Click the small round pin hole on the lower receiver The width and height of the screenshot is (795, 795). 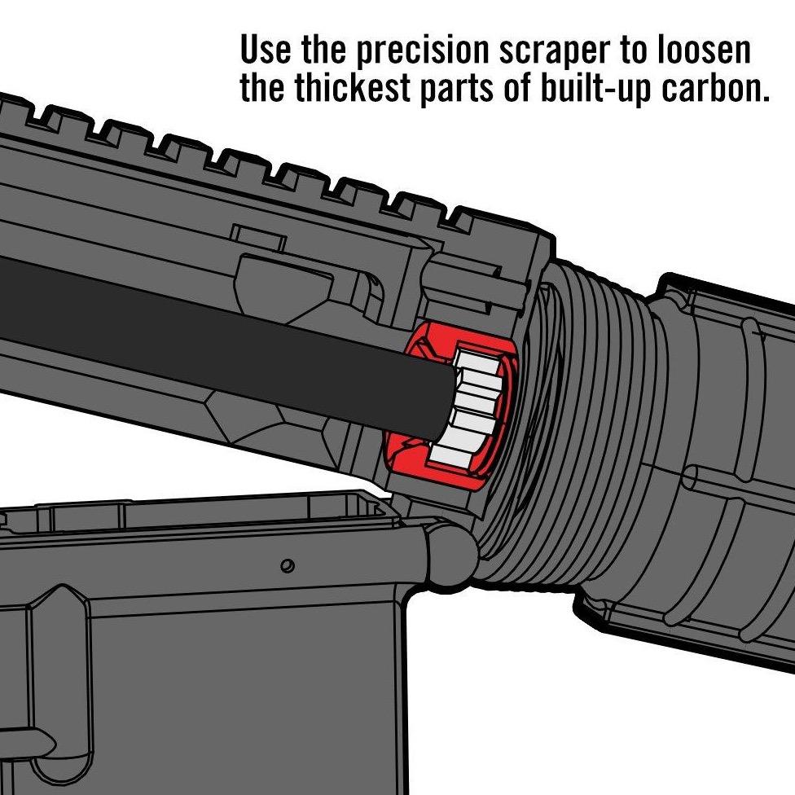286,564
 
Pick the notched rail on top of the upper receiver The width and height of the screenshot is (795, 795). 244,155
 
